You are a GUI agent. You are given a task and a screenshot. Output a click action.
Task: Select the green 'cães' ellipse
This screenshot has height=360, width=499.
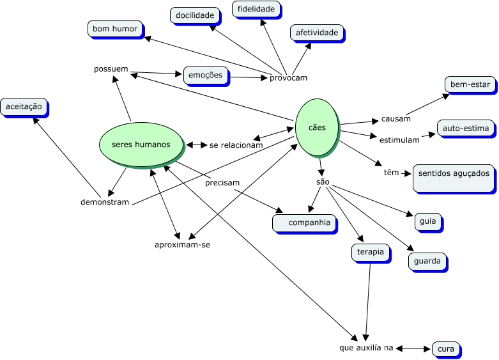[316, 127]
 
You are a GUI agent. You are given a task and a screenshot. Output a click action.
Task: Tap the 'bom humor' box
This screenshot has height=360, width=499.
[114, 29]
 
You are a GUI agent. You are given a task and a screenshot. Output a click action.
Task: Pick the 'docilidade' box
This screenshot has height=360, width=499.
[195, 15]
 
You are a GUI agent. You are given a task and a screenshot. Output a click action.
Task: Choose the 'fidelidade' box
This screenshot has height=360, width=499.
[256, 9]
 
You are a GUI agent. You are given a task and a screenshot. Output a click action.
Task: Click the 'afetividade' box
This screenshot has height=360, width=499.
[316, 32]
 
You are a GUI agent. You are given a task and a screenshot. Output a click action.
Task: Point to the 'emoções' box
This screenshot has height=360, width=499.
[205, 75]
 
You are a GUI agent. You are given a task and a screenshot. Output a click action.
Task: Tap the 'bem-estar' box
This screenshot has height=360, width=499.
[470, 84]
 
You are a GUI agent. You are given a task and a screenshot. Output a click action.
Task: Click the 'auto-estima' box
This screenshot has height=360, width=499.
[465, 129]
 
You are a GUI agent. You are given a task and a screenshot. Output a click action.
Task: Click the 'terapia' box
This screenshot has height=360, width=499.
[371, 252]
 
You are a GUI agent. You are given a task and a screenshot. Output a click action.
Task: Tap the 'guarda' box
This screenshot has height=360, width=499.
[427, 261]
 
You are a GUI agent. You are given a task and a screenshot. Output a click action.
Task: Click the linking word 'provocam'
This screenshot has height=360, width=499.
[288, 78]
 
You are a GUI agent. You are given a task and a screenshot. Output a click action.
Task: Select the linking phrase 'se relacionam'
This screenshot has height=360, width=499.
[236, 145]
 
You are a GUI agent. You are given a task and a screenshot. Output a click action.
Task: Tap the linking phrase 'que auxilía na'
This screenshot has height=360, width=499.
[366, 348]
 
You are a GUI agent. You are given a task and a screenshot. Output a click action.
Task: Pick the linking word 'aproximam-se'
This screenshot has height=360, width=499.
[182, 244]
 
